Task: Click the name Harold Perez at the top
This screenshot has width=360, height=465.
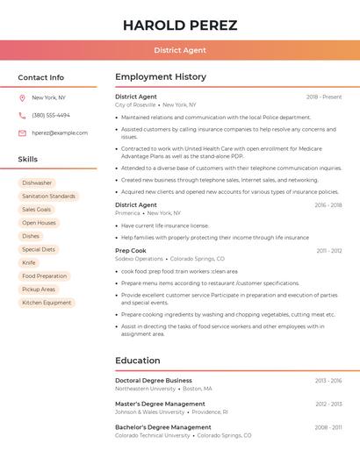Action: click(x=180, y=25)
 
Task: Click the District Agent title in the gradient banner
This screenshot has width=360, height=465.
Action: click(x=180, y=50)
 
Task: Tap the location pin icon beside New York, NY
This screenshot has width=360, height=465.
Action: click(x=22, y=97)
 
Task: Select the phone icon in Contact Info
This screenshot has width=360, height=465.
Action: click(x=22, y=115)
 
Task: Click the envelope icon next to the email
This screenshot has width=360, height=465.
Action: click(x=22, y=133)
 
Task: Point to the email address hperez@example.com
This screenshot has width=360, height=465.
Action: click(x=60, y=133)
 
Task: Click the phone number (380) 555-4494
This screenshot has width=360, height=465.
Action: click(x=51, y=115)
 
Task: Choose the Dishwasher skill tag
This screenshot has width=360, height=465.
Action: click(x=37, y=183)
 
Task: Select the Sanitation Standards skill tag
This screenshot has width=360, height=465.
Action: click(x=48, y=197)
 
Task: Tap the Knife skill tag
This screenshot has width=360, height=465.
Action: click(x=29, y=262)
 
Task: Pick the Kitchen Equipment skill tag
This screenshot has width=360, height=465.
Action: click(x=47, y=303)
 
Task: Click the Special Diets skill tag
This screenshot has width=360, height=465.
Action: click(x=39, y=249)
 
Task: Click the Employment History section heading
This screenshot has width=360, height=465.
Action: click(x=161, y=77)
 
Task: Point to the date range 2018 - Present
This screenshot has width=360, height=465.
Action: click(x=324, y=97)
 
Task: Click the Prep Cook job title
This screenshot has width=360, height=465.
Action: click(x=131, y=250)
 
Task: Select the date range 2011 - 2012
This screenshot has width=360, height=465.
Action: click(x=329, y=251)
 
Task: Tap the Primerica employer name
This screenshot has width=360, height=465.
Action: click(x=127, y=213)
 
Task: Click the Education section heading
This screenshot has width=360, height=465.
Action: click(x=137, y=361)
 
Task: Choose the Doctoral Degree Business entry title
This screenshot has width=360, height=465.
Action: click(x=154, y=381)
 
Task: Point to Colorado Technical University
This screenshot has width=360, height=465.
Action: click(x=152, y=435)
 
